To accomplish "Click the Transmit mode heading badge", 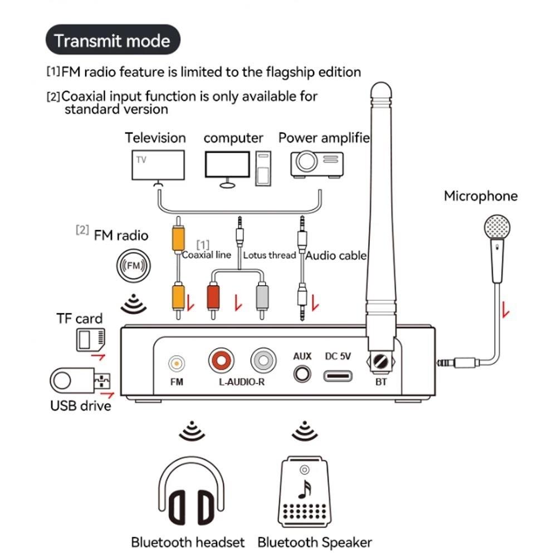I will (113, 40).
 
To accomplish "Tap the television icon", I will (158, 164).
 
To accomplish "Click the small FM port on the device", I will (177, 364).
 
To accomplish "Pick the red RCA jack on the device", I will (222, 361).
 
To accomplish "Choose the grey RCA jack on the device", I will (263, 361).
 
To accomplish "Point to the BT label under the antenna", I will (382, 383).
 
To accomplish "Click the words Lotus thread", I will (269, 255).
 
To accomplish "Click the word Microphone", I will (480, 196).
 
